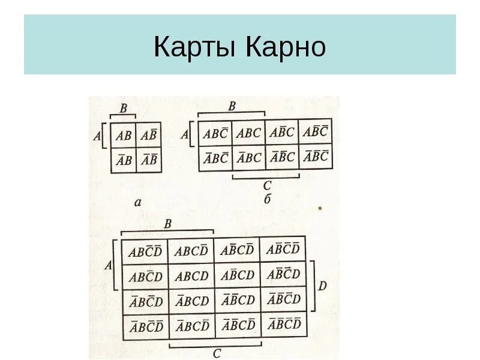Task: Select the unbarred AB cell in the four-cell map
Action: point(123,136)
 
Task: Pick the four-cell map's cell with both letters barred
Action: point(149,160)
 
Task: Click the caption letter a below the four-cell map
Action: point(137,203)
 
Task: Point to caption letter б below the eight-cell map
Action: point(268,199)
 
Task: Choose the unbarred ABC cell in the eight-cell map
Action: point(248,133)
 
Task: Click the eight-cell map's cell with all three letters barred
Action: point(316,157)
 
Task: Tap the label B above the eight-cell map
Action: point(232,106)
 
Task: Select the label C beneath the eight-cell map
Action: point(267,185)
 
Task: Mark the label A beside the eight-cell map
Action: point(185,135)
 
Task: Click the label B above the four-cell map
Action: point(123,109)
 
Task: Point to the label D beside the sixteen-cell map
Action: point(322,286)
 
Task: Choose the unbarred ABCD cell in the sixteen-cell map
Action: point(191,276)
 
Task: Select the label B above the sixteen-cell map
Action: point(168,224)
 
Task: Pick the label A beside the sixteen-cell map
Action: point(108,265)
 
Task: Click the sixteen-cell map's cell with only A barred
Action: point(191,301)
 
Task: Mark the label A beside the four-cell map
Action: point(97,136)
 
